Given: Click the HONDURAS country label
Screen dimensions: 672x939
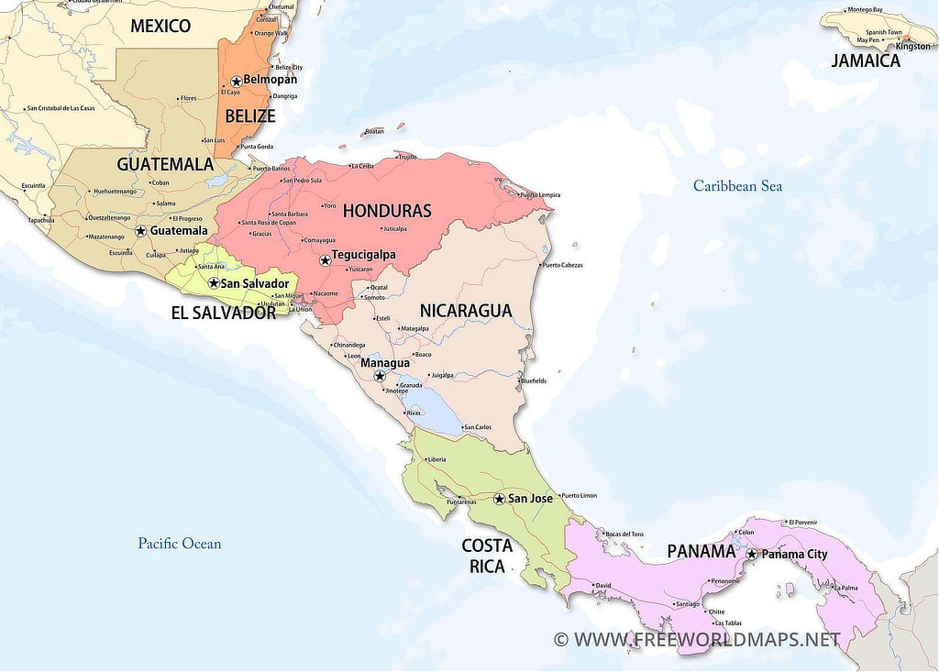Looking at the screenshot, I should click(387, 211).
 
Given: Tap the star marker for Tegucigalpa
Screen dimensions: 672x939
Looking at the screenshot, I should click(325, 260).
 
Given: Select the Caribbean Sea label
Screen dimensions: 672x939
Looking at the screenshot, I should click(737, 186).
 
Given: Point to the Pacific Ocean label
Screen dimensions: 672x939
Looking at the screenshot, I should click(180, 544).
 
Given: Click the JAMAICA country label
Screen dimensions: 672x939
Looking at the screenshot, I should click(866, 61).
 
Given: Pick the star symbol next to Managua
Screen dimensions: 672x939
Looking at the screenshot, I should click(379, 376).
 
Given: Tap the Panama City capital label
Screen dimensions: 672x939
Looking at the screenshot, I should click(794, 554).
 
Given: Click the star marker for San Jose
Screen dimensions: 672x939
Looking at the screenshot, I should click(499, 499).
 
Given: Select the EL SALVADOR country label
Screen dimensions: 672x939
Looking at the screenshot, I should click(223, 313).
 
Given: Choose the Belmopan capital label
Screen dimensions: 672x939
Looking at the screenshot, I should click(270, 80).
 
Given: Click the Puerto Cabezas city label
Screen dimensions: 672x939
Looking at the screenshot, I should click(562, 265).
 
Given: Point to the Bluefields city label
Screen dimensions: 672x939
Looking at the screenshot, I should click(534, 380).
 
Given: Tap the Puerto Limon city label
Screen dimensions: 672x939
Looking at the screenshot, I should click(579, 495).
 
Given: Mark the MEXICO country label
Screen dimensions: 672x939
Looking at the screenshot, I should click(160, 26).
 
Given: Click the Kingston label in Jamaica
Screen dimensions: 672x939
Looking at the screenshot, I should click(912, 47).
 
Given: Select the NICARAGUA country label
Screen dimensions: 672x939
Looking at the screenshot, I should click(465, 311).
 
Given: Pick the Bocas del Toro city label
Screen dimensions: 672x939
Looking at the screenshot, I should click(624, 534).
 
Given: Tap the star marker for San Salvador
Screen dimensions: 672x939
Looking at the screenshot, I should click(214, 283).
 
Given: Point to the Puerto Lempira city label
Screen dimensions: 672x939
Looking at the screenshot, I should click(540, 195).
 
